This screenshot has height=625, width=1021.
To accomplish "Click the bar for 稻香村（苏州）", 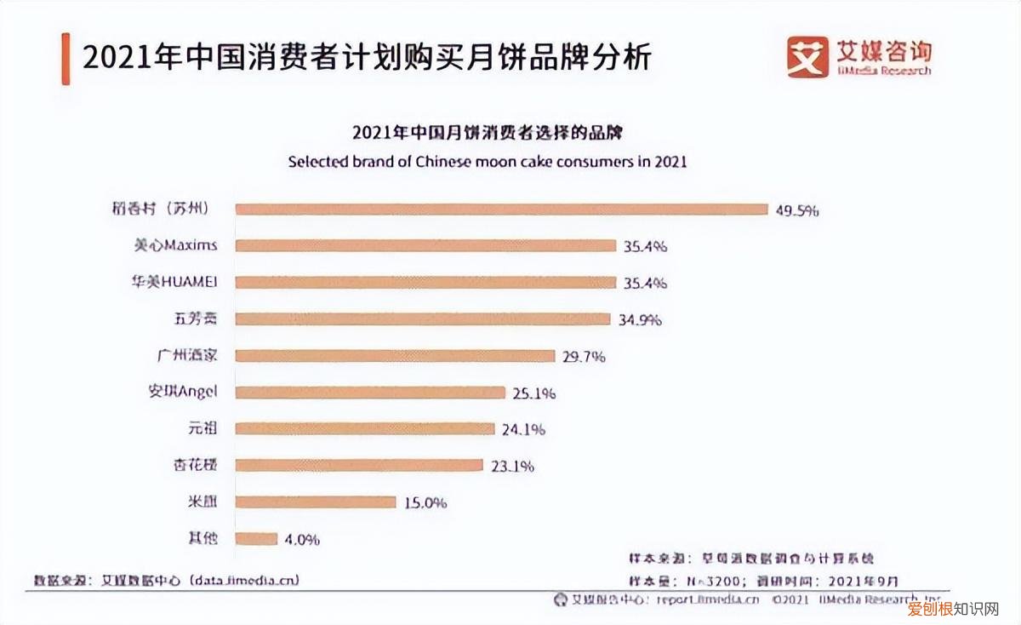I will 501,209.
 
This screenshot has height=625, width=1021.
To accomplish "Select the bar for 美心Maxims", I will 425,246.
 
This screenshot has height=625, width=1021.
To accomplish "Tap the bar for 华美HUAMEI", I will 425,283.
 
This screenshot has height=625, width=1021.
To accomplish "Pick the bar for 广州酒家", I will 396,356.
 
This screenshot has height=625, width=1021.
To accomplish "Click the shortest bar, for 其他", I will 256,538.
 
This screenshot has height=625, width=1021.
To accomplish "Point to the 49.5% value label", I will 796,210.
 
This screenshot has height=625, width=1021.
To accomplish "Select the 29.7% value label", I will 584,357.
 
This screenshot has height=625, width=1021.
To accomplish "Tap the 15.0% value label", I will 425,502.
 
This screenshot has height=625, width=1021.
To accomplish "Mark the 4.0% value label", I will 302,539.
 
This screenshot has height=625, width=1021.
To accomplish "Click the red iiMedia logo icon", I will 807,57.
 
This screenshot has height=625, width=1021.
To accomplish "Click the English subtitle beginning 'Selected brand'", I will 487,161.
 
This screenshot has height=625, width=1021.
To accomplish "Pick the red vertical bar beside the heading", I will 66,59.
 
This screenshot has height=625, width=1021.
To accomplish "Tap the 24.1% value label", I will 523,429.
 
